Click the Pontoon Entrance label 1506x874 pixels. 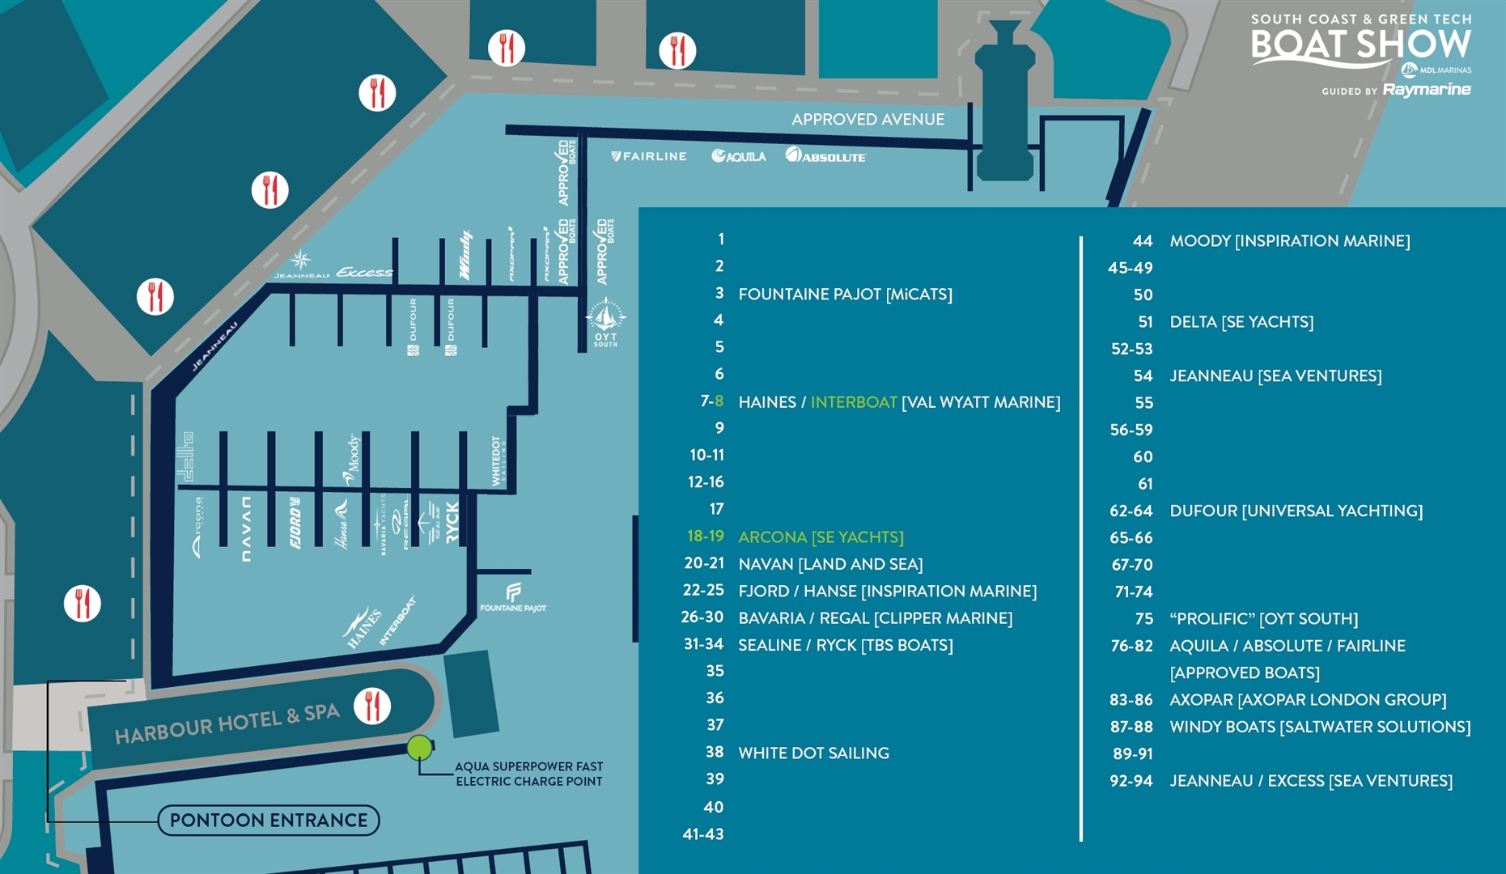(x=269, y=821)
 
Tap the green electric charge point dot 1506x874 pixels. (x=419, y=748)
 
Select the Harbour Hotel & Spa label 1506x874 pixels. (x=227, y=723)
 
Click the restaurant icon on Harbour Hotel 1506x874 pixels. (x=372, y=706)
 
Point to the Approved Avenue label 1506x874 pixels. (x=868, y=120)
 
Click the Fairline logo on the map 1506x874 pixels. (x=649, y=156)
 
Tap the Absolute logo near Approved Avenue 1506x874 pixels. (x=825, y=155)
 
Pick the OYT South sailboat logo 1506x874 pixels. (x=605, y=320)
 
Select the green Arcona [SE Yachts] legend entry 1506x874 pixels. (x=821, y=537)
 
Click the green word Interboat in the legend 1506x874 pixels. (x=854, y=402)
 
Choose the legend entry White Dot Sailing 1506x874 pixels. (x=813, y=753)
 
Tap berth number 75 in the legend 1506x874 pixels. (x=1143, y=619)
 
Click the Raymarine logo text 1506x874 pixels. (x=1427, y=90)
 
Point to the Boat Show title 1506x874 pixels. (x=1360, y=45)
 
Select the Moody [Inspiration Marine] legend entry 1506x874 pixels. (x=1289, y=241)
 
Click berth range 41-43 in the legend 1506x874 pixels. (x=702, y=834)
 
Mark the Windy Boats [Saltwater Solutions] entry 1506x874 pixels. (x=1320, y=727)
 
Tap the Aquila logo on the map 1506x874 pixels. (x=739, y=156)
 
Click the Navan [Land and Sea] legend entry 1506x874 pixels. (x=830, y=564)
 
